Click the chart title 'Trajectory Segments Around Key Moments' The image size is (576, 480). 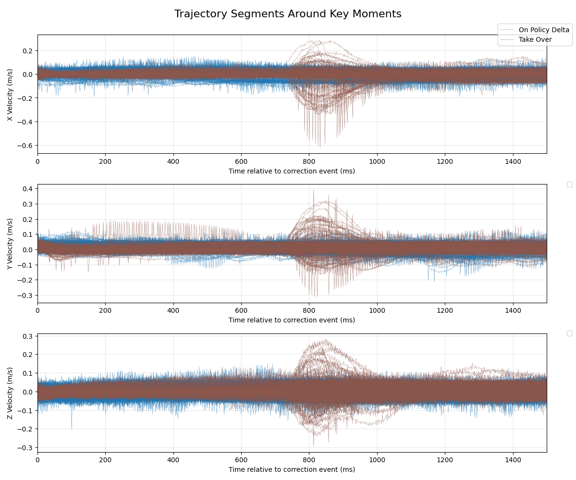288,14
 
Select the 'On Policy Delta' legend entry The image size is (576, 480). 544,30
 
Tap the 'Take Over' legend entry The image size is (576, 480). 535,39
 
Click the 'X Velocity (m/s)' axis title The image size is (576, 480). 10,94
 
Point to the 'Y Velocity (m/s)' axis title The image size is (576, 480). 10,244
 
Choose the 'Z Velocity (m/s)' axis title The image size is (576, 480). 10,393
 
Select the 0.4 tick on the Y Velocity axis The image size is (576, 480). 28,189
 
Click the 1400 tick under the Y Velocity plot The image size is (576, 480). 513,311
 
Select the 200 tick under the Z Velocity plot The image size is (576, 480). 105,460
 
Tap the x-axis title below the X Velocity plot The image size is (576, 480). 292,171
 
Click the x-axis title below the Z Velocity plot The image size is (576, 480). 292,469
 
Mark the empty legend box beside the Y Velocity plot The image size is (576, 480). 569,185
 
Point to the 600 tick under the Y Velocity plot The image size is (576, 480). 241,311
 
